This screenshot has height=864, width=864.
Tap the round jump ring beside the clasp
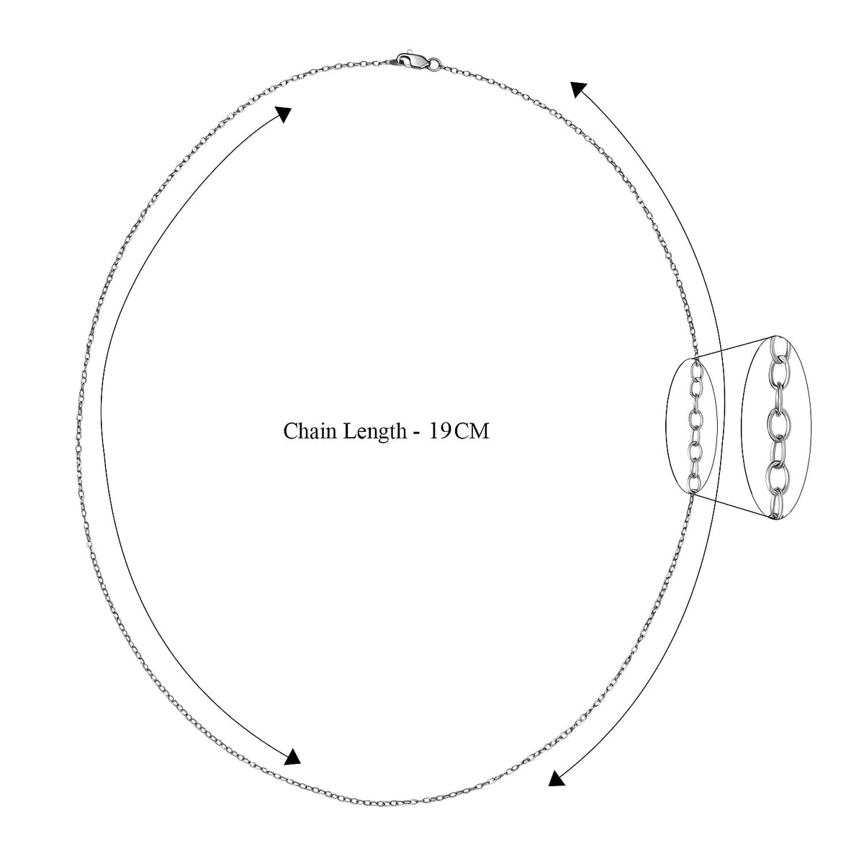(x=434, y=65)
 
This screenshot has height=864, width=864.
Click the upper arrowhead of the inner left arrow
(x=284, y=114)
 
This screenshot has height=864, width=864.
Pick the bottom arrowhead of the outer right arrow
(x=556, y=778)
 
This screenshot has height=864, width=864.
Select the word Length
(x=375, y=433)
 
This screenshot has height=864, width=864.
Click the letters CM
(x=472, y=431)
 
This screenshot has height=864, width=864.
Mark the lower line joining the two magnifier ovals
(x=733, y=505)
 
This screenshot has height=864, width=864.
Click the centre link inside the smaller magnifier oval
(x=696, y=420)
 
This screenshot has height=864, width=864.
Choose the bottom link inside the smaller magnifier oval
(x=694, y=483)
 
